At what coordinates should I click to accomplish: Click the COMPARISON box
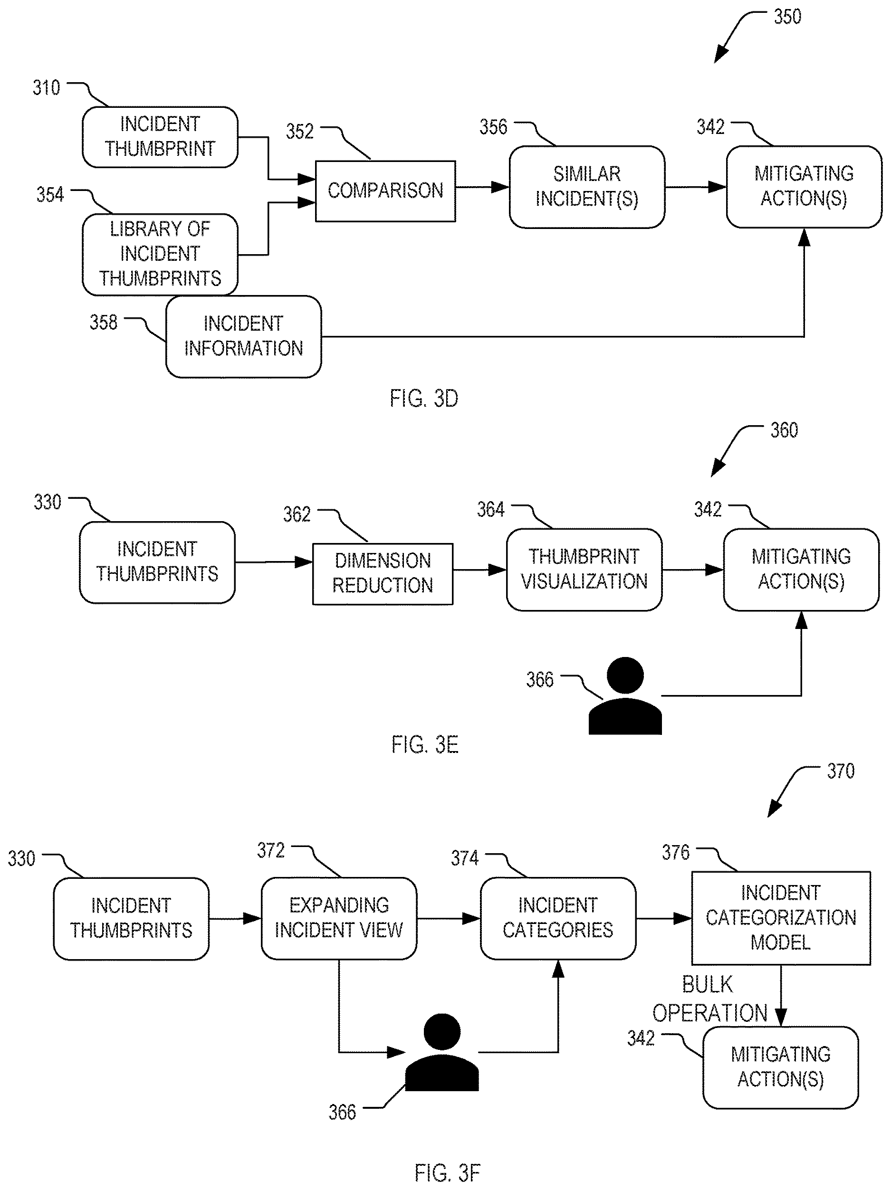[385, 191]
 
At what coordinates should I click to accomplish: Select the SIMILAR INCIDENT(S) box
[586, 187]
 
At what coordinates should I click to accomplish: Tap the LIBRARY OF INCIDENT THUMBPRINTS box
[160, 255]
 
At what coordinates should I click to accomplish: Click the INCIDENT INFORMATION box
[243, 336]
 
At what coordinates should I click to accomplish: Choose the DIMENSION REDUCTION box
[383, 574]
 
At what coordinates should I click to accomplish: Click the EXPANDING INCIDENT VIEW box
[339, 918]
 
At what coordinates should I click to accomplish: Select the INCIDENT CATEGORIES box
[558, 918]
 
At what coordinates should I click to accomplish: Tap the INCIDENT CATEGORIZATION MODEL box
[781, 918]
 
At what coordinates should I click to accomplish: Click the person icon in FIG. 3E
[625, 695]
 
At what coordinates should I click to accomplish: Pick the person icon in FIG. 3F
[442, 1052]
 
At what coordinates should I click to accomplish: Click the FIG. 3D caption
[424, 399]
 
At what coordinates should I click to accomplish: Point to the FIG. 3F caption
[447, 1173]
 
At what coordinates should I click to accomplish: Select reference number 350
[787, 17]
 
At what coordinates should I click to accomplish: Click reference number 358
[103, 322]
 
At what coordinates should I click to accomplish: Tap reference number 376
[675, 852]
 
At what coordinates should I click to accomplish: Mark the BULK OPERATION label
[709, 999]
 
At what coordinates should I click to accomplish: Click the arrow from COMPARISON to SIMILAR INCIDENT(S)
[482, 187]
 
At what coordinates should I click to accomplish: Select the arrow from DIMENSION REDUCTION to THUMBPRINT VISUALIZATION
[479, 570]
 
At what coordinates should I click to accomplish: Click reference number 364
[491, 509]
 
